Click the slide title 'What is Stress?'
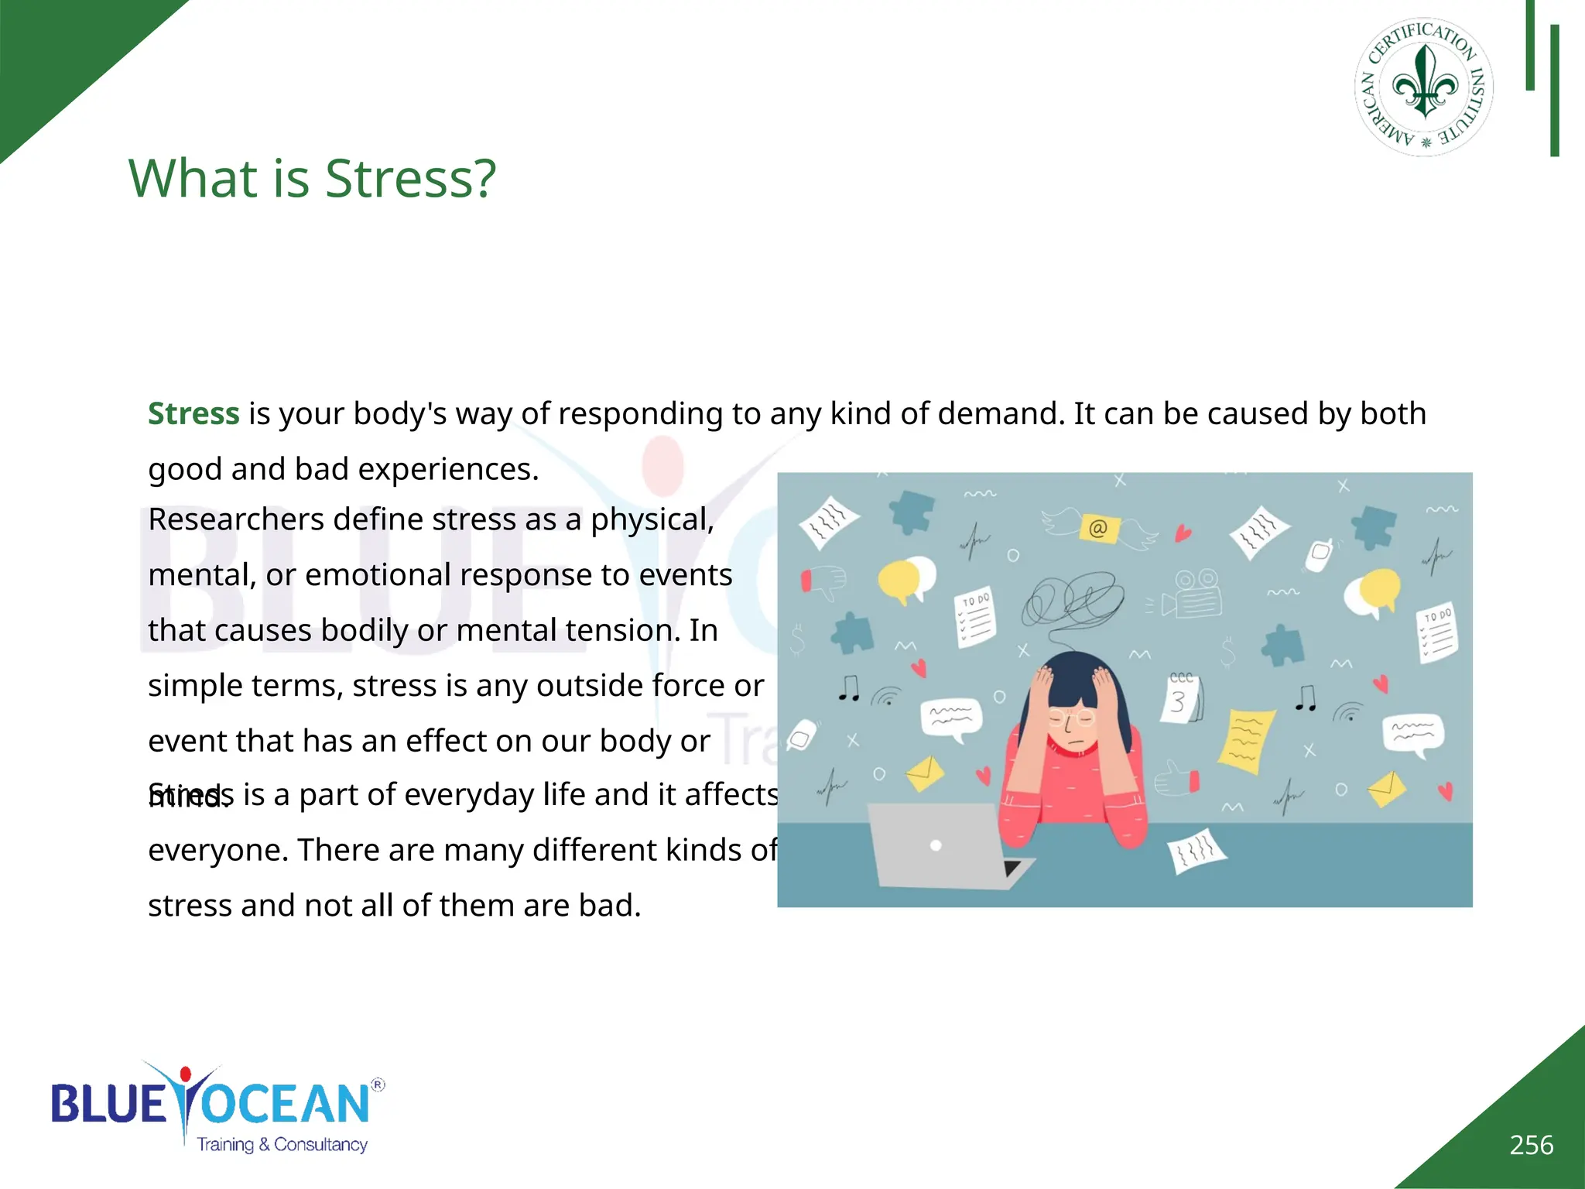click(311, 178)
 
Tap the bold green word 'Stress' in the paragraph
click(193, 414)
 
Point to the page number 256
click(1531, 1145)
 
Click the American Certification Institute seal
click(1423, 87)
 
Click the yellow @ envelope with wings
click(1098, 528)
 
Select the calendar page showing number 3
click(1181, 699)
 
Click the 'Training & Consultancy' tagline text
click(282, 1145)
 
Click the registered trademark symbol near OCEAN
click(378, 1084)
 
